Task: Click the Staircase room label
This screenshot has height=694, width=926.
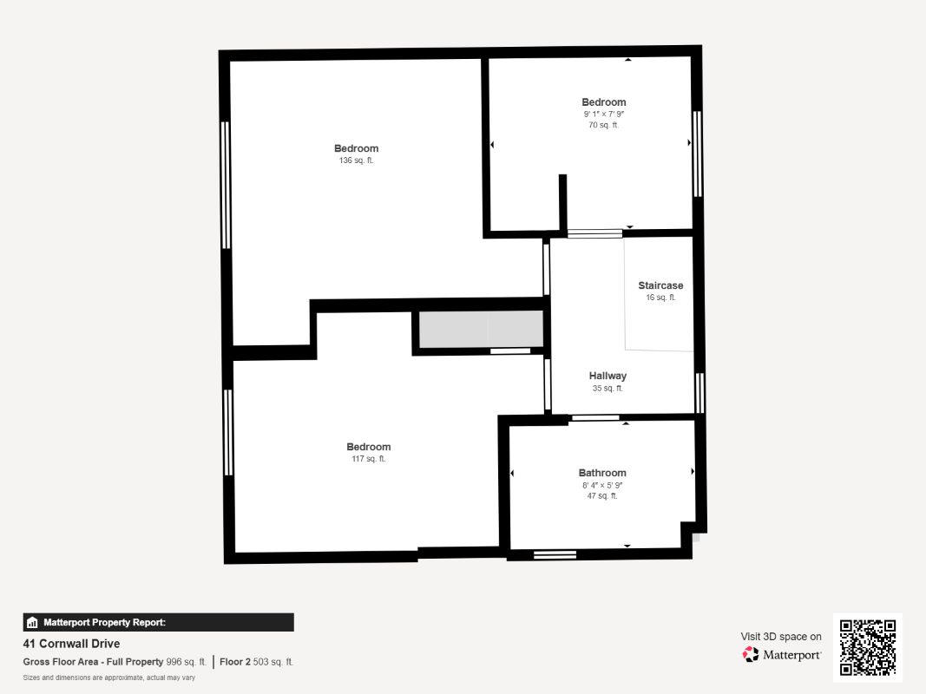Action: (660, 285)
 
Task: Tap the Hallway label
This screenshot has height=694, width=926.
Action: (607, 376)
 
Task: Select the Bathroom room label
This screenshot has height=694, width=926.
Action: (602, 473)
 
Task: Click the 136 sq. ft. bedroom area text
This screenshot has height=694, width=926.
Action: (356, 160)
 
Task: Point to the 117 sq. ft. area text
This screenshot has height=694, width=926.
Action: (369, 459)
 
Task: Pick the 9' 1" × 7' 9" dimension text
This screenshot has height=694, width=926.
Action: (604, 114)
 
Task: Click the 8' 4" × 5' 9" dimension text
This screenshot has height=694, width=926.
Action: (602, 485)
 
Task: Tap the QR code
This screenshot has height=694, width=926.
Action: (868, 647)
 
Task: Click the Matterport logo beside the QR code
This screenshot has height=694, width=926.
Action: (782, 655)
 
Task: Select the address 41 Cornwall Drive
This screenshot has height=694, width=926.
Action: (71, 644)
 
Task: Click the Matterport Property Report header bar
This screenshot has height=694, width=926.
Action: (158, 622)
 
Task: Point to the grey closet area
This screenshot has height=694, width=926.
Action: (481, 330)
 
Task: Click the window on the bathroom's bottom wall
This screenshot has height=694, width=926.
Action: (555, 555)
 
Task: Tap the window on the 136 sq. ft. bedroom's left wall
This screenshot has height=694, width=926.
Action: (226, 185)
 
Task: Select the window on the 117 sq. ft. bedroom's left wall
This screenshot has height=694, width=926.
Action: (228, 432)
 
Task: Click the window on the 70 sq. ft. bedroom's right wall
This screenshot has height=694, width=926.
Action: (697, 154)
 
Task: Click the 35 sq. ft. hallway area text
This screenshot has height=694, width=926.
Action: (607, 389)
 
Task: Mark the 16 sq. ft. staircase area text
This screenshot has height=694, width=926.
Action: (660, 298)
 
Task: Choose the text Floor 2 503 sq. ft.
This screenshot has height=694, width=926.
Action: (256, 662)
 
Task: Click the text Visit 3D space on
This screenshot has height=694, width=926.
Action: (780, 637)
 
